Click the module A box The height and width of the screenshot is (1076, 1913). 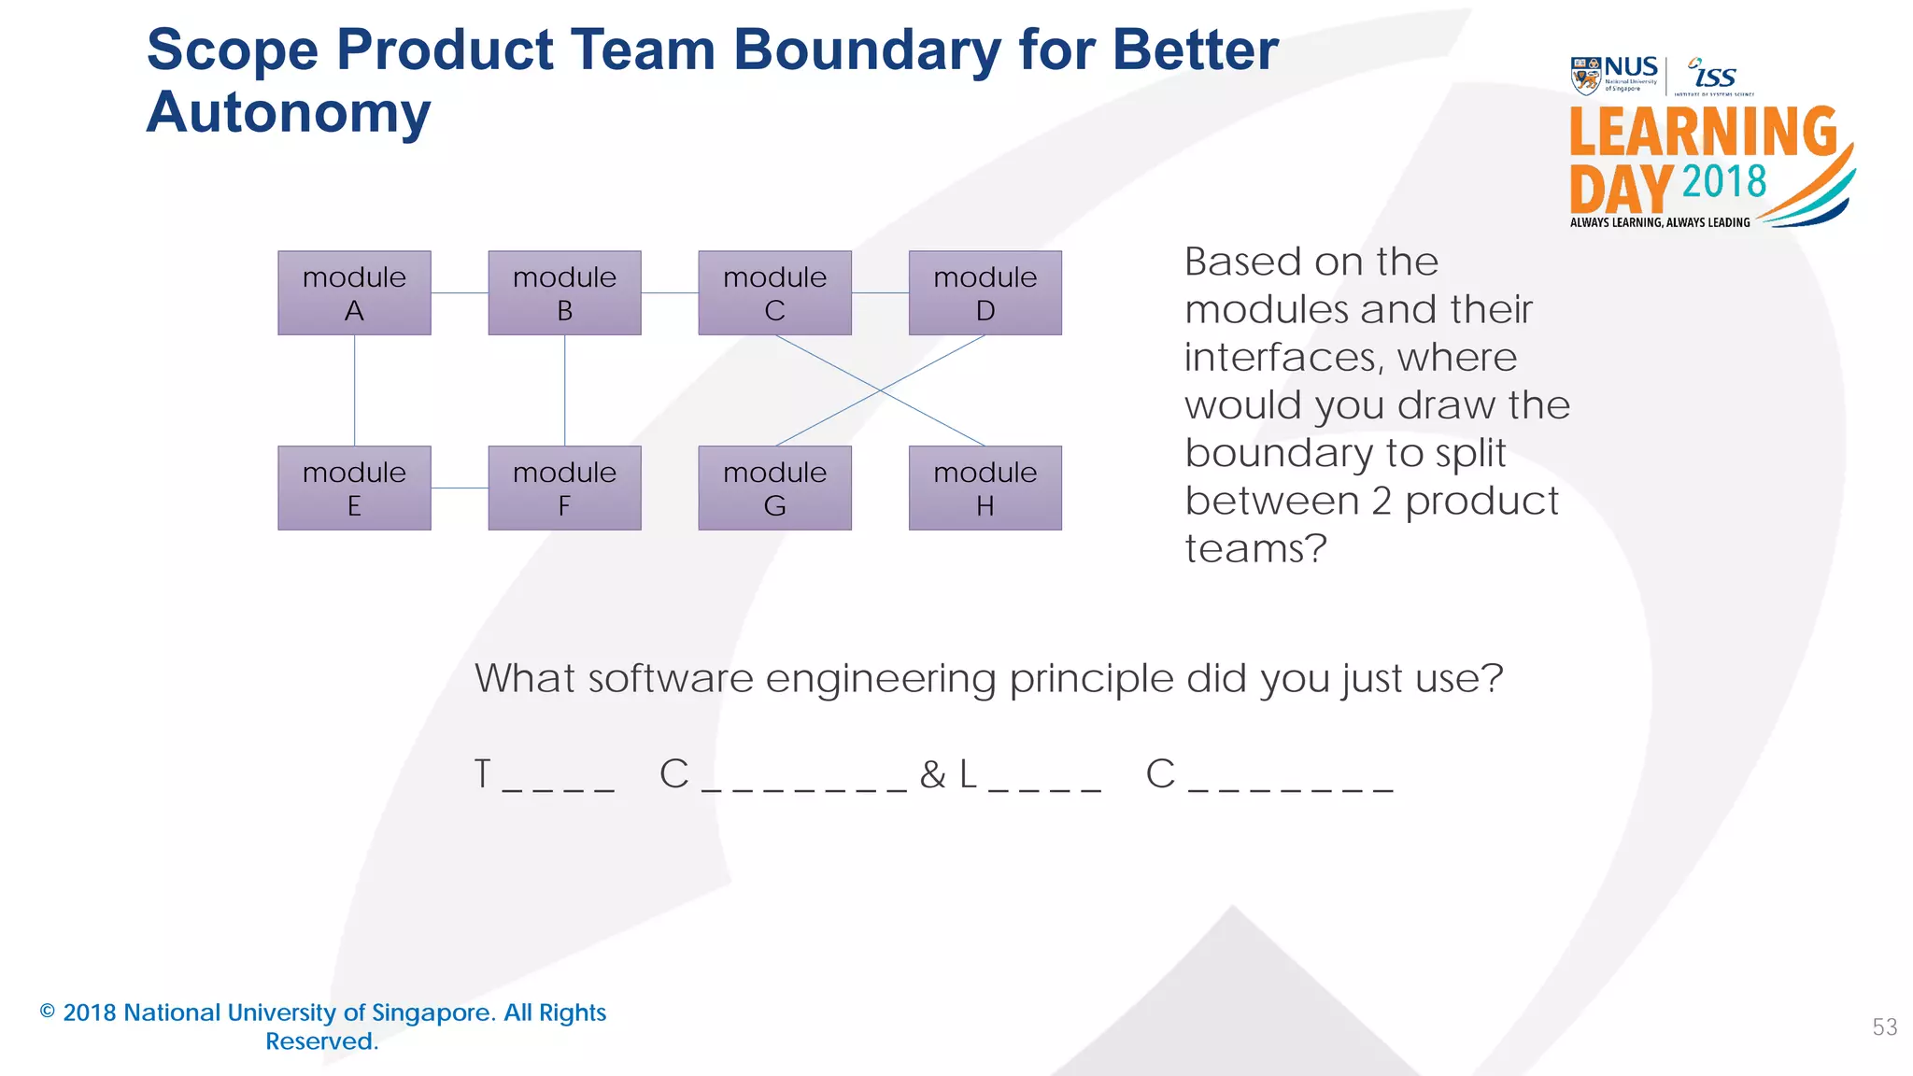click(354, 292)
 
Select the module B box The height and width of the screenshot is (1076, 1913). click(564, 292)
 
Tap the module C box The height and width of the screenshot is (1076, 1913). click(774, 292)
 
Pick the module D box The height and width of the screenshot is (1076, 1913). click(985, 292)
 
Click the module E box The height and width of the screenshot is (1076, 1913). click(354, 488)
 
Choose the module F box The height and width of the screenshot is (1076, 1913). click(564, 488)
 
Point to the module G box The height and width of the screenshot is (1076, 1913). click(774, 488)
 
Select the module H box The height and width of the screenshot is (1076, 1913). click(985, 488)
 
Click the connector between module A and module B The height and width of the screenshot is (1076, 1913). click(460, 292)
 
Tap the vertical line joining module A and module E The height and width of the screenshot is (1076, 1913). click(354, 389)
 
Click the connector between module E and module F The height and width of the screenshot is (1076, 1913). click(460, 488)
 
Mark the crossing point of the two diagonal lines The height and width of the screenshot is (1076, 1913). click(880, 390)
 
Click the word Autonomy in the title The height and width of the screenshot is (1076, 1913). click(289, 113)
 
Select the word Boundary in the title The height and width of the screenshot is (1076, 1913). click(866, 50)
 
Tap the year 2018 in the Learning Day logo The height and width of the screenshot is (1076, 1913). click(1724, 181)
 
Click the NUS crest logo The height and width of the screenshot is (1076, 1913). click(1585, 76)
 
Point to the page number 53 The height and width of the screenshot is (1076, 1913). click(1884, 1027)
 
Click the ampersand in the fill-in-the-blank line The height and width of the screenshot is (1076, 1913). click(932, 774)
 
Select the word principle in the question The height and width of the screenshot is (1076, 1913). click(1090, 679)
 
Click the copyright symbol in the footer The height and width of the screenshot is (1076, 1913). click(48, 1012)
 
